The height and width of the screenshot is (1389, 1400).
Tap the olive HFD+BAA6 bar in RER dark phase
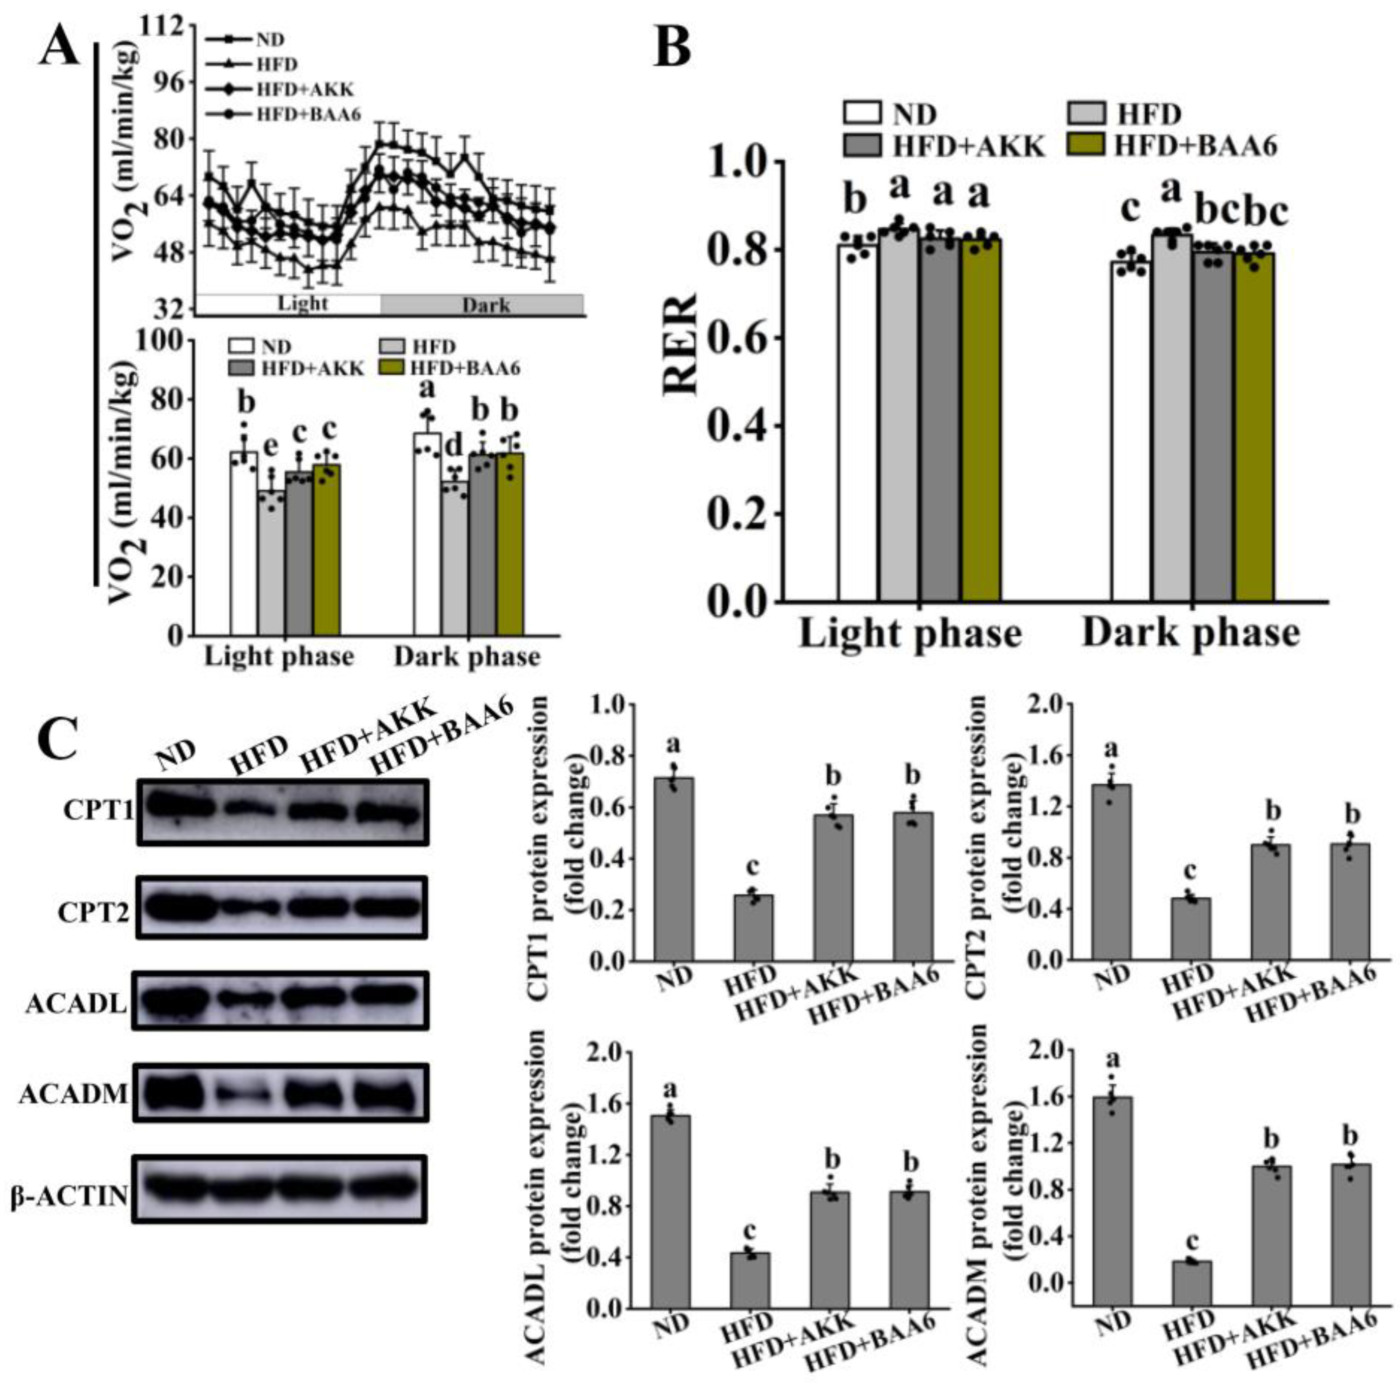1254,428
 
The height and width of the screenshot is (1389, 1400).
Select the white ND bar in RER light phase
858,424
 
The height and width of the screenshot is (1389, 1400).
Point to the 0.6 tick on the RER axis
732,338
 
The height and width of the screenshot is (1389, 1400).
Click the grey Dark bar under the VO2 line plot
482,305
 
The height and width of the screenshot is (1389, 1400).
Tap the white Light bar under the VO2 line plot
290,303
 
